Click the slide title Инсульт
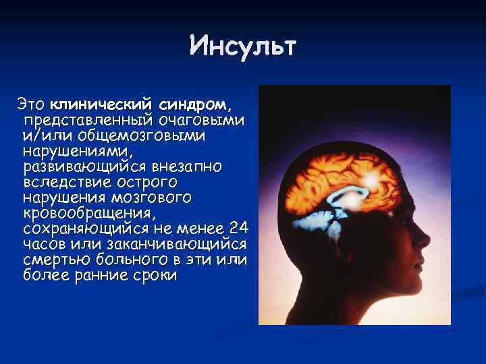(x=242, y=47)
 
